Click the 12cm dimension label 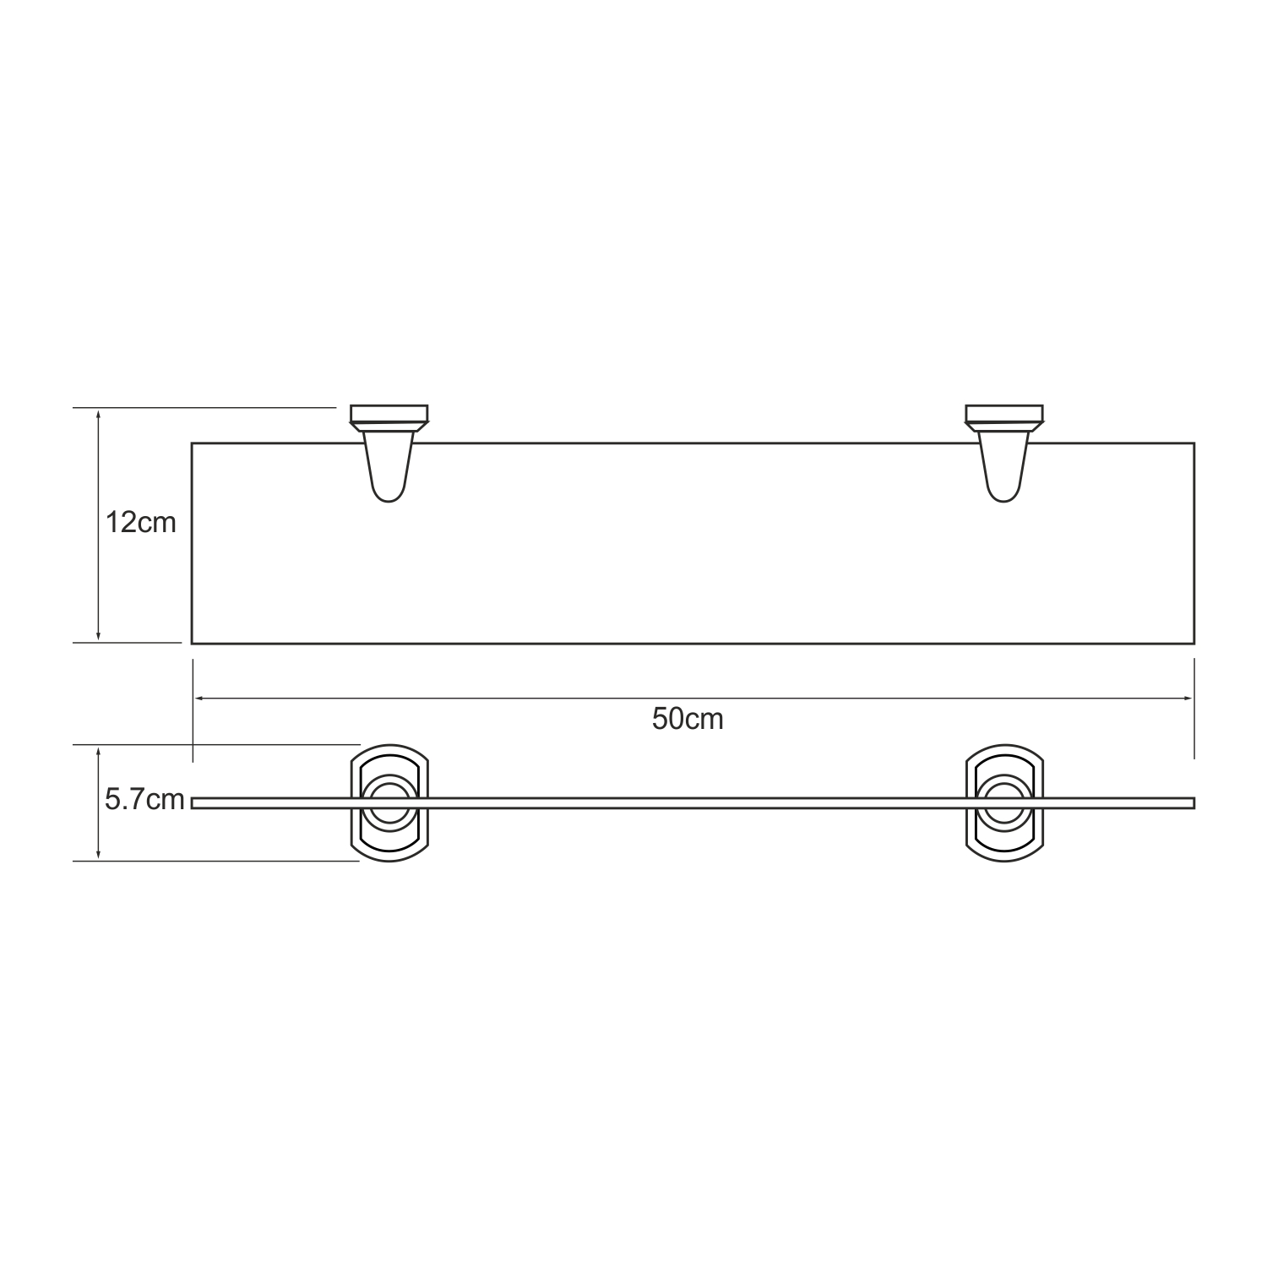pos(140,523)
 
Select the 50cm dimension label pos(688,719)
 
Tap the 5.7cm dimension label pos(144,799)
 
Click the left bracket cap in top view pos(389,414)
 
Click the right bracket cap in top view pos(1004,414)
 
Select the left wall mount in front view pos(390,803)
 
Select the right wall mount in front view pos(1005,803)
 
